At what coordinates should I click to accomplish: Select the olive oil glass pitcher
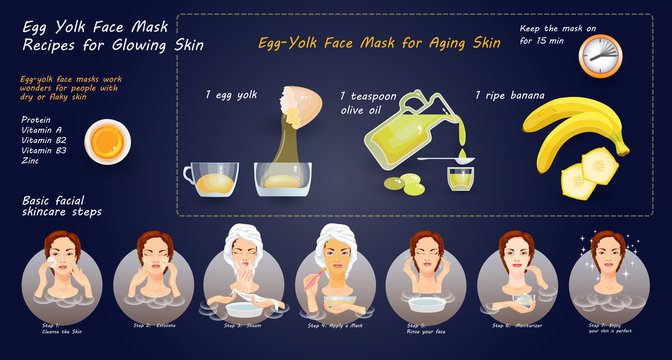click(x=408, y=133)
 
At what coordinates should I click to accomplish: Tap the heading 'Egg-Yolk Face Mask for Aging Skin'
click(x=379, y=43)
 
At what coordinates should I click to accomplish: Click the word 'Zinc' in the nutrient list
click(x=31, y=159)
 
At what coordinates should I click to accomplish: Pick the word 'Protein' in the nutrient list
click(x=36, y=120)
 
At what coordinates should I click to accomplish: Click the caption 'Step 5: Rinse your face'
click(x=431, y=328)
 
